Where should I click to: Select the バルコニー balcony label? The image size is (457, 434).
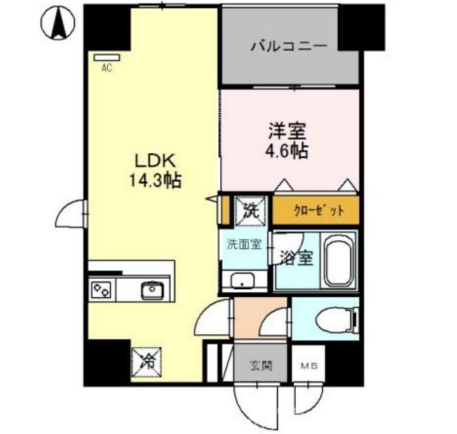point(288,47)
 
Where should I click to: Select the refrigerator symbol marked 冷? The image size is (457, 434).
point(147,362)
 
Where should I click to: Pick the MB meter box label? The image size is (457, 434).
point(305,366)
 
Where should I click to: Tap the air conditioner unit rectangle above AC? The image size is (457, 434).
point(106,56)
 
